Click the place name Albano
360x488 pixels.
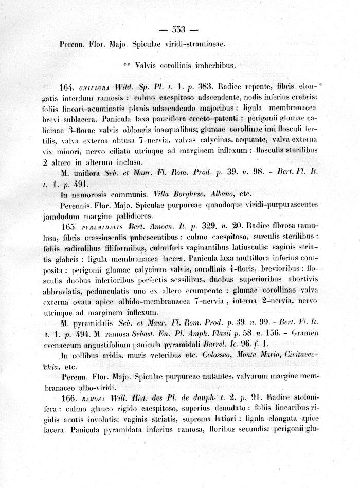224,195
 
